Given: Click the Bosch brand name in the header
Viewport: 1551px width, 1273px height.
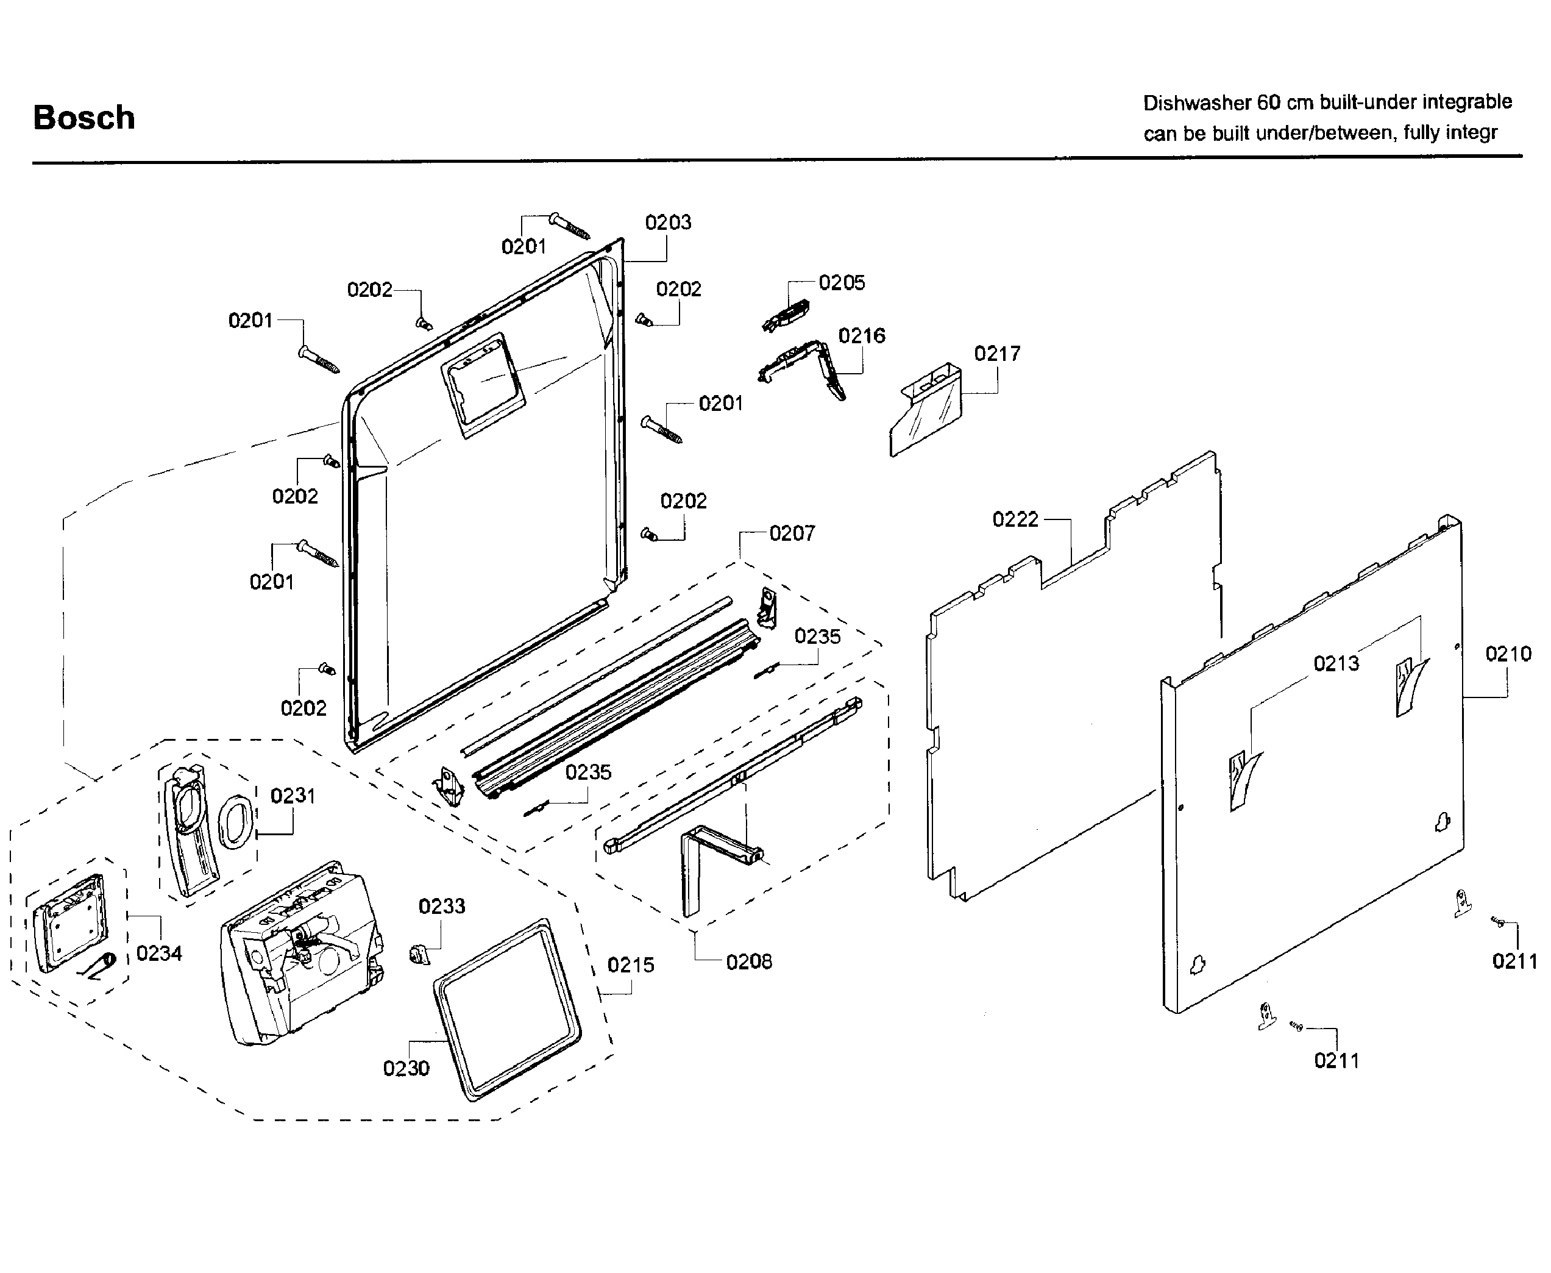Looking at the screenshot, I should pos(84,117).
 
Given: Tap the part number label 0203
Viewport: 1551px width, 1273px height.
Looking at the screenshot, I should pos(668,222).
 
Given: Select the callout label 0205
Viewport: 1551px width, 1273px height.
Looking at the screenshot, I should pos(842,282).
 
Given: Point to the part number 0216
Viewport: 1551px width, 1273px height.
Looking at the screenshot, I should pos(861,336).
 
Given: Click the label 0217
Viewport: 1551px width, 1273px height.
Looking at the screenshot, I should pos(997,354).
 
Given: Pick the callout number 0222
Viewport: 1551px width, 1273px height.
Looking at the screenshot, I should pos(1015,519).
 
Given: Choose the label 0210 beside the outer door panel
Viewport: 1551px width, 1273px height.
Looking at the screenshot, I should pos(1508,654).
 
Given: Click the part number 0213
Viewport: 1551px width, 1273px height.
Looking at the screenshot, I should pos(1335,664).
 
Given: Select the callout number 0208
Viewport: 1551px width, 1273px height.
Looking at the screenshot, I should pos(748,961).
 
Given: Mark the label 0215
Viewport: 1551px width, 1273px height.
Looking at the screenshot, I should pos(630,965).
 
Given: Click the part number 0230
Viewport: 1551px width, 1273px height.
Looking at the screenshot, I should pos(406,1068).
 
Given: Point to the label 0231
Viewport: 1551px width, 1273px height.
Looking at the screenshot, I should pos(293,796).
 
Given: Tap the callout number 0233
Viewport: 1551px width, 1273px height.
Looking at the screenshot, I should pos(441,907).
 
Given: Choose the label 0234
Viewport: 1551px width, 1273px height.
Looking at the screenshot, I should pos(159,954).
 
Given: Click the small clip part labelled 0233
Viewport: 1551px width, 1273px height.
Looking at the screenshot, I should pos(419,954).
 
